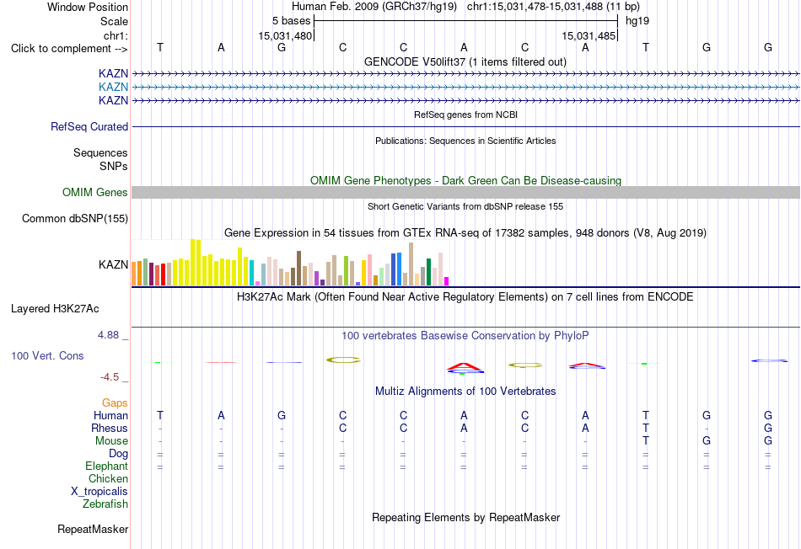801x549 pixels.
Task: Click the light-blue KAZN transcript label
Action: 113,87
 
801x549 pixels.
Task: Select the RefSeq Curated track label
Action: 89,126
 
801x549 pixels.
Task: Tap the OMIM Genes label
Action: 95,192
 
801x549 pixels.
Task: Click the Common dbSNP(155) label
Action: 75,218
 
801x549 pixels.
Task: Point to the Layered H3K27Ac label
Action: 55,309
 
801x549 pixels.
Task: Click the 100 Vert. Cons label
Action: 47,355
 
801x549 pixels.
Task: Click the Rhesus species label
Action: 110,428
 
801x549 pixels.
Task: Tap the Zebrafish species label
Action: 105,504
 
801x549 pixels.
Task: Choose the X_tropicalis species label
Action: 99,492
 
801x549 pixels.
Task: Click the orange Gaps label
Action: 115,403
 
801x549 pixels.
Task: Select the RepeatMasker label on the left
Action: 93,529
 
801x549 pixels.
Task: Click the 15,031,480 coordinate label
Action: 284,35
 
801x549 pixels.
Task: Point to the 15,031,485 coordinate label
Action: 589,35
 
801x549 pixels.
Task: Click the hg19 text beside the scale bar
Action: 637,21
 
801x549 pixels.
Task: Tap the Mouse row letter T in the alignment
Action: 646,440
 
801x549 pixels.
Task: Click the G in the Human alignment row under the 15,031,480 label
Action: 282,415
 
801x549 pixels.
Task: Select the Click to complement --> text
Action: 69,49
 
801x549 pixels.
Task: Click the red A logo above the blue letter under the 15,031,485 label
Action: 586,365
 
